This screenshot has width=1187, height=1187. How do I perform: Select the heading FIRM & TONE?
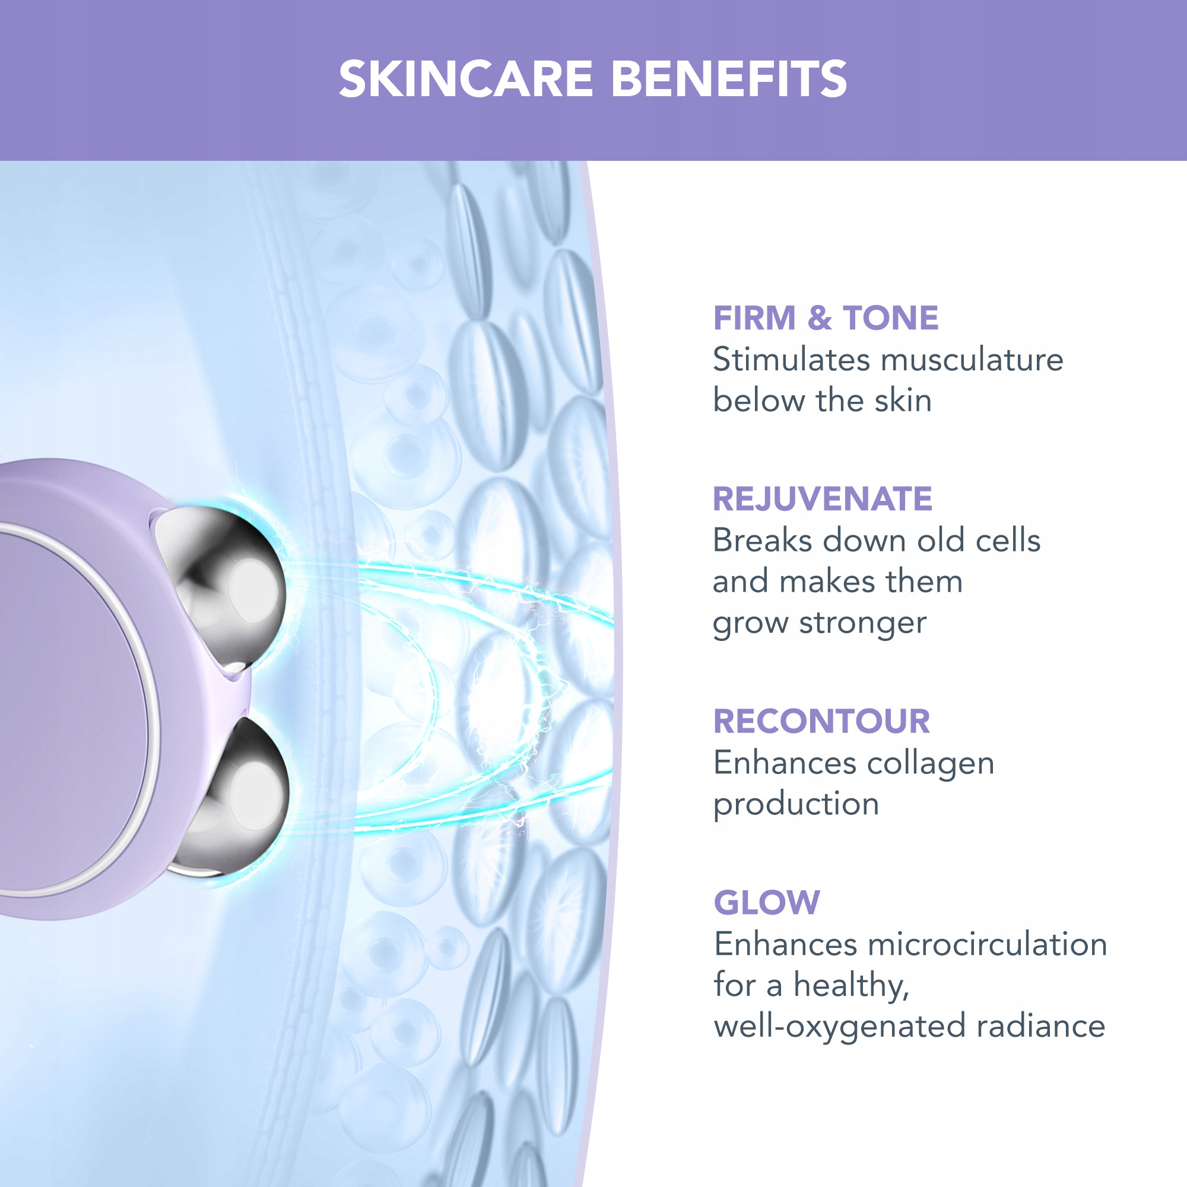pyautogui.click(x=826, y=318)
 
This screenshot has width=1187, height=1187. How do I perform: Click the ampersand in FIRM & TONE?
pyautogui.click(x=820, y=318)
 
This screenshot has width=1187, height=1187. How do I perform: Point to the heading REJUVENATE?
pyautogui.click(x=822, y=499)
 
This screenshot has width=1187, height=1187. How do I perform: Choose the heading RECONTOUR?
pyautogui.click(x=821, y=721)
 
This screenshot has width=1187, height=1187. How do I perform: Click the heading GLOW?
pyautogui.click(x=767, y=903)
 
